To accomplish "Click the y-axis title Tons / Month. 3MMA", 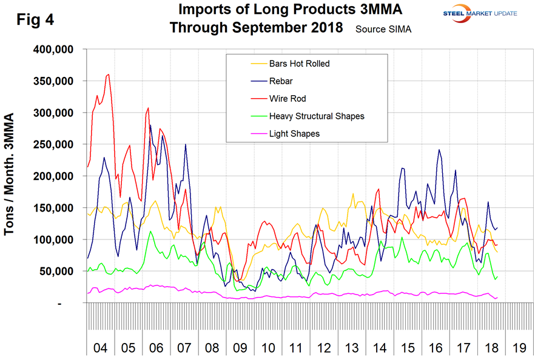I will click(13, 176).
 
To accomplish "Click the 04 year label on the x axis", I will click(101, 349).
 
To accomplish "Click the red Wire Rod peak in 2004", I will click(108, 75).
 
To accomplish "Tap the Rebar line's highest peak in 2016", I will click(439, 150).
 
